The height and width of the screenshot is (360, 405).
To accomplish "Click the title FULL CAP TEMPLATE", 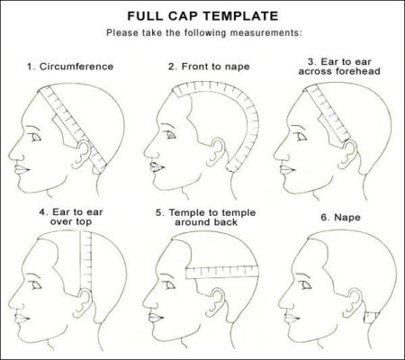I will [202, 15].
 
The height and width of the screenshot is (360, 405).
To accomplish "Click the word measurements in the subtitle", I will [269, 33].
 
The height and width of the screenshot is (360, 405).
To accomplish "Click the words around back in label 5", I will [203, 224].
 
